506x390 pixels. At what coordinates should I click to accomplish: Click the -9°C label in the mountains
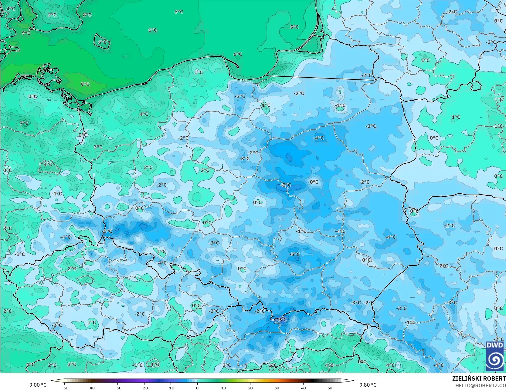pos(281,319)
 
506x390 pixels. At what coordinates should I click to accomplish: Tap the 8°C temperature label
pos(87,15)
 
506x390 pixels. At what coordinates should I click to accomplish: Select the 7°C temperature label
pos(24,123)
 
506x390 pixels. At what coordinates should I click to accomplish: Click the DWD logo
pos(494,356)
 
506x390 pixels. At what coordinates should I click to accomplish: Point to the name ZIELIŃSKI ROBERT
pos(479,378)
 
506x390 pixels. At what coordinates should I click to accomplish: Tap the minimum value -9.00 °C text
pos(37,385)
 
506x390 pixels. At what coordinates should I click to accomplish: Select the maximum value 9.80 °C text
pos(368,385)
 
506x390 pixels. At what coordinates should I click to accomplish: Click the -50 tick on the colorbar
pos(64,388)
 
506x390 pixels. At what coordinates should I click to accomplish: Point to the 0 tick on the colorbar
pos(197,388)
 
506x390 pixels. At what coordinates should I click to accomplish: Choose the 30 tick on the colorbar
pos(277,388)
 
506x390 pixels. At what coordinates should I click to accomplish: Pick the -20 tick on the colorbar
pos(144,388)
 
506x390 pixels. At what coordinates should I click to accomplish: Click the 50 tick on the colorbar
pos(330,388)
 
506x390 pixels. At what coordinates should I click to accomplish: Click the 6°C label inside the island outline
pos(102,42)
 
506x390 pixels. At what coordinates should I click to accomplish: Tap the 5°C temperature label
pos(294,27)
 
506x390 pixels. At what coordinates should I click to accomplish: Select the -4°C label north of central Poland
pos(319,138)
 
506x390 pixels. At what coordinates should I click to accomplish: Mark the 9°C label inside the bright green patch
pos(85,84)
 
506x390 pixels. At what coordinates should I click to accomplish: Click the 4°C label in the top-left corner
pos(11,8)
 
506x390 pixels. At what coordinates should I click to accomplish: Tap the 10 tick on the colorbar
pos(224,388)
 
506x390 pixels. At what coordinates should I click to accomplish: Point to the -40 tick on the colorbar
pos(91,388)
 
